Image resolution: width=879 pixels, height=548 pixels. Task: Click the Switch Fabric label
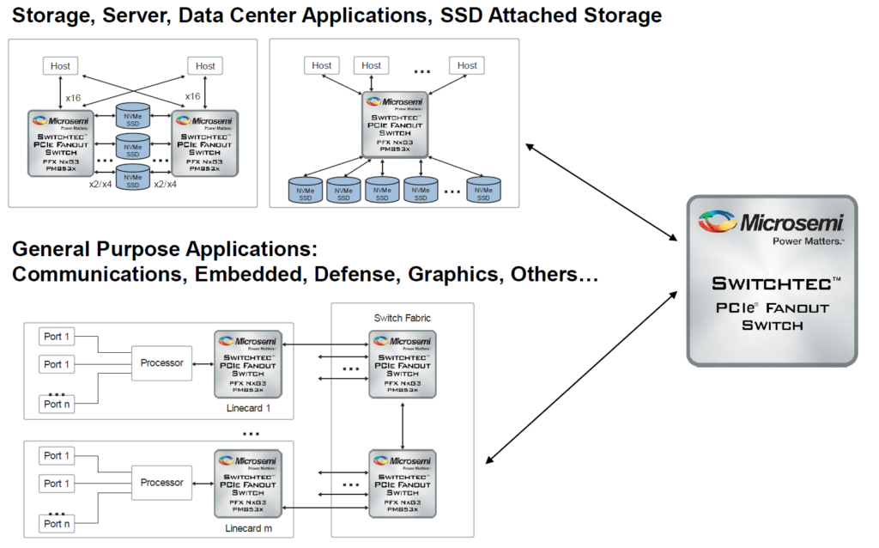pos(403,318)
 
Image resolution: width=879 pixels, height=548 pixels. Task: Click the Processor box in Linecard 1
pos(162,363)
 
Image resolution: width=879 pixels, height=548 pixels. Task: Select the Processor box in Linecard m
pos(162,483)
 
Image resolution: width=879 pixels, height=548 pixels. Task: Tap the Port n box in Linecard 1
pos(58,404)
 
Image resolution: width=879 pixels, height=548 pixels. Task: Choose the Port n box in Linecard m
pos(58,523)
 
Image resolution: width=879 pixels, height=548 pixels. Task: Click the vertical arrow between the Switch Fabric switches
pos(403,423)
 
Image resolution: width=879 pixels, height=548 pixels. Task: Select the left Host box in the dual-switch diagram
pos(60,65)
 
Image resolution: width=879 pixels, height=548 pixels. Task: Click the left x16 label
pos(74,98)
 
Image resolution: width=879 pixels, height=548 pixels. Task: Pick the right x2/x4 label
pos(165,184)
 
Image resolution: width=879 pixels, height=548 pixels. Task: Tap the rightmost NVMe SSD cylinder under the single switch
pos(484,190)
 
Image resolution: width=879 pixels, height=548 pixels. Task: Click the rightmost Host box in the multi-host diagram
pos(467,65)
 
